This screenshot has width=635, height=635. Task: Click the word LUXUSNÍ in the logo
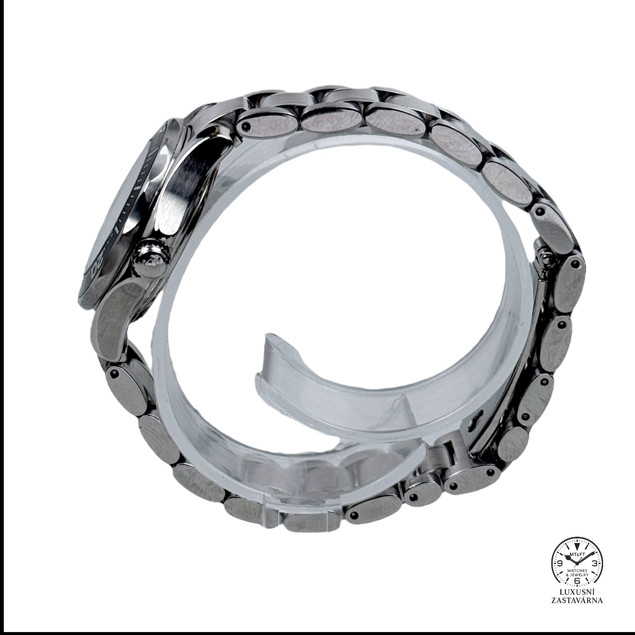(x=577, y=592)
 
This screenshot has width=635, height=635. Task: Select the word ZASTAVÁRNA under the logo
(x=577, y=600)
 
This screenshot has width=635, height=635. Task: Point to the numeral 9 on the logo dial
(x=560, y=563)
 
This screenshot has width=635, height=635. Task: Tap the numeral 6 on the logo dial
(x=577, y=580)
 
